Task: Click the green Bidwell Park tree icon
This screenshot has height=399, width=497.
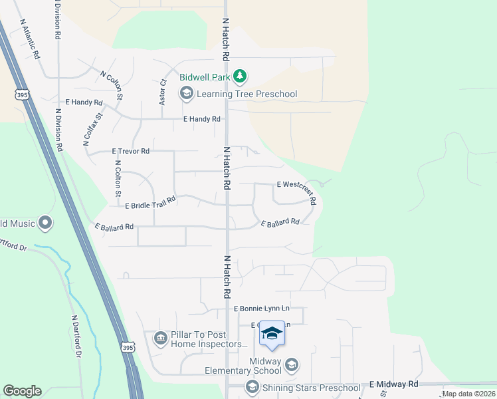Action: pos(240,78)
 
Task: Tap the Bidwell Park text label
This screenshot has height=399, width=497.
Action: pos(205,78)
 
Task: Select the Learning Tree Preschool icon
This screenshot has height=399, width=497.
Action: pos(186,94)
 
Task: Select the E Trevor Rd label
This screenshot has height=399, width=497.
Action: pos(131,152)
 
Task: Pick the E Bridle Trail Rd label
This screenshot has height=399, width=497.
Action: pos(150,201)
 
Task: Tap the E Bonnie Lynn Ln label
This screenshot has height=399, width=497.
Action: pos(262,309)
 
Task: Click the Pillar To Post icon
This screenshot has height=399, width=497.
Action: pos(160,339)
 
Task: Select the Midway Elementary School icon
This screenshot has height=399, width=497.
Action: pos(291,364)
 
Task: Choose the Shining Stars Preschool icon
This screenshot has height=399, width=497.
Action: pos(252,387)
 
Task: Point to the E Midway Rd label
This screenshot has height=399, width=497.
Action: pos(394,384)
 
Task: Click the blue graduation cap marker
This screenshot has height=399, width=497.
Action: pos(272,333)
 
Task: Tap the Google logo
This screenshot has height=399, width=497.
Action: pos(22,391)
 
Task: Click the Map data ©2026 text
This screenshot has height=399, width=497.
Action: pos(468,394)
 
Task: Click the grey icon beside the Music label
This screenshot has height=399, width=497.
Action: pos(45,222)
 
